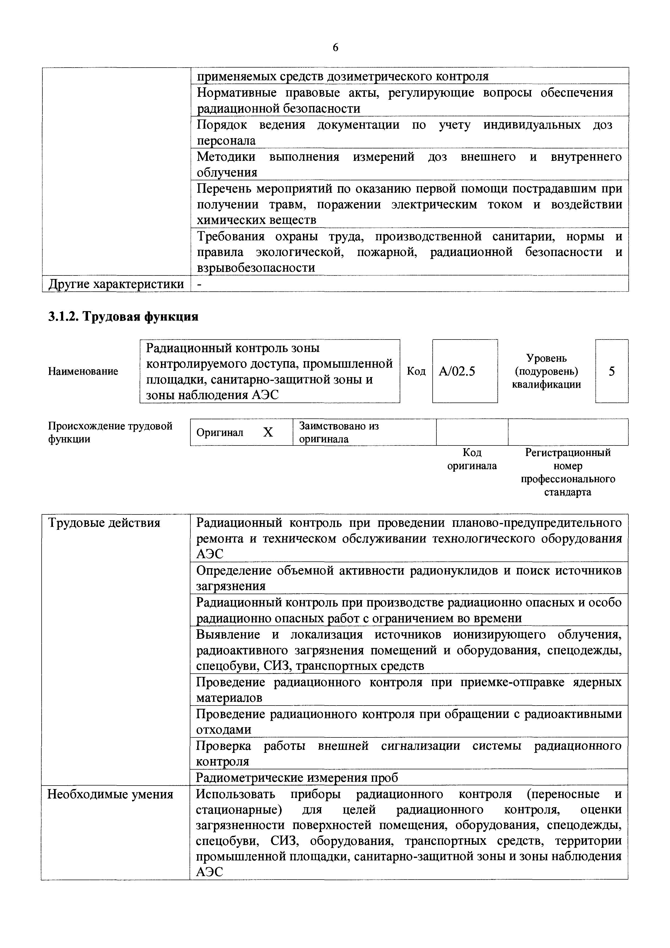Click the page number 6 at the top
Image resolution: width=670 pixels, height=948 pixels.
tap(335, 48)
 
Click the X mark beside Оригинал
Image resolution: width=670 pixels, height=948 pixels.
tap(268, 432)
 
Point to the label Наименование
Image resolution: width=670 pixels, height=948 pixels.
tap(83, 371)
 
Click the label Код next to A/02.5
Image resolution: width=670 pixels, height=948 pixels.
tap(416, 371)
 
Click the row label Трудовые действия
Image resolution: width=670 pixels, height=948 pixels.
tap(105, 523)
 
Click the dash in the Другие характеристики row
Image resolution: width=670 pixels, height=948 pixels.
tap(200, 284)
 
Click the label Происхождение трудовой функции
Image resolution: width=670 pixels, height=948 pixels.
tap(110, 432)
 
